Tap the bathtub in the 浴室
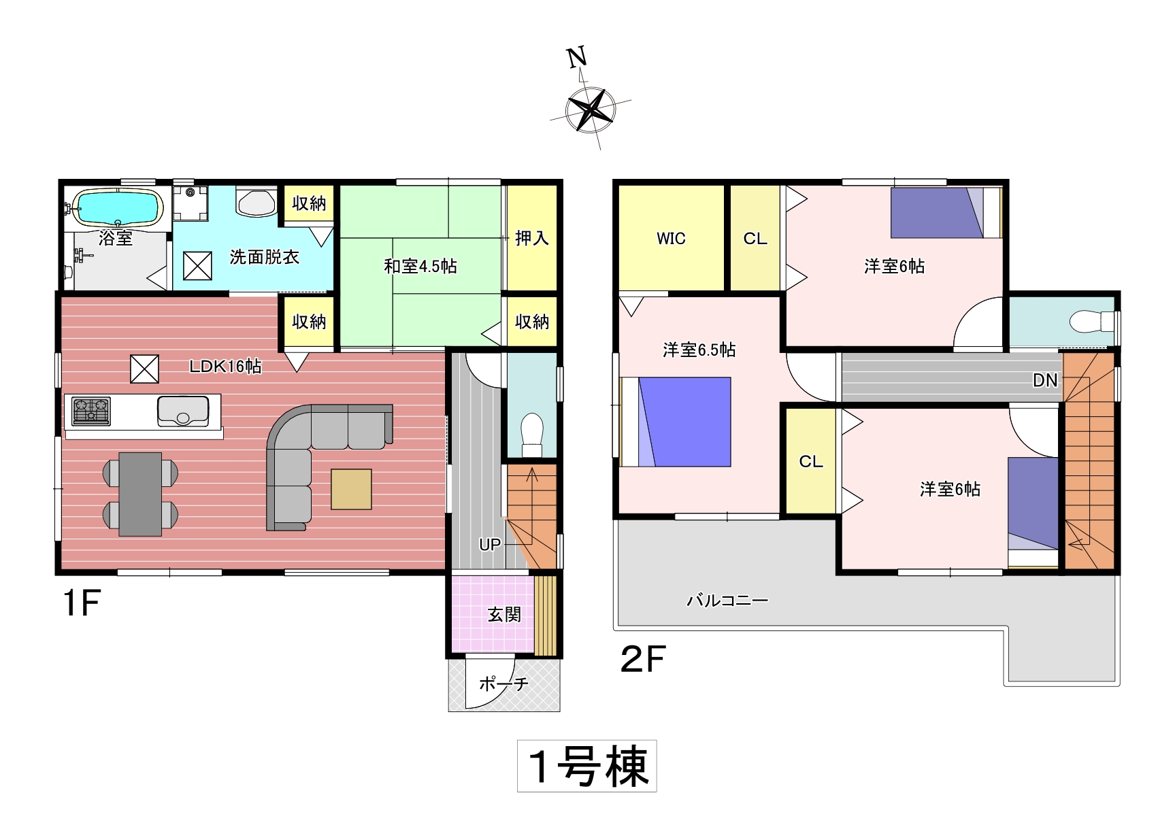click(x=117, y=207)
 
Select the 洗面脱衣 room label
click(x=264, y=257)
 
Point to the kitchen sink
click(x=183, y=411)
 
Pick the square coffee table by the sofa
click(x=351, y=489)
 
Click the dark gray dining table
click(x=140, y=494)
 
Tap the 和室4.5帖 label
click(x=420, y=266)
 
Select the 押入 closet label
click(x=531, y=238)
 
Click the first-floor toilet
click(x=531, y=435)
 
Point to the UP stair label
click(x=489, y=545)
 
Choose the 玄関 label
click(x=504, y=615)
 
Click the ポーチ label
click(x=503, y=684)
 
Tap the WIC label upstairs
click(x=671, y=239)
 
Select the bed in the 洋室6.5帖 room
click(x=676, y=422)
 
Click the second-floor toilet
click(x=1092, y=320)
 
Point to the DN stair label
click(x=1045, y=381)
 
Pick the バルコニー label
click(x=727, y=601)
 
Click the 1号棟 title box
click(x=587, y=766)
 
